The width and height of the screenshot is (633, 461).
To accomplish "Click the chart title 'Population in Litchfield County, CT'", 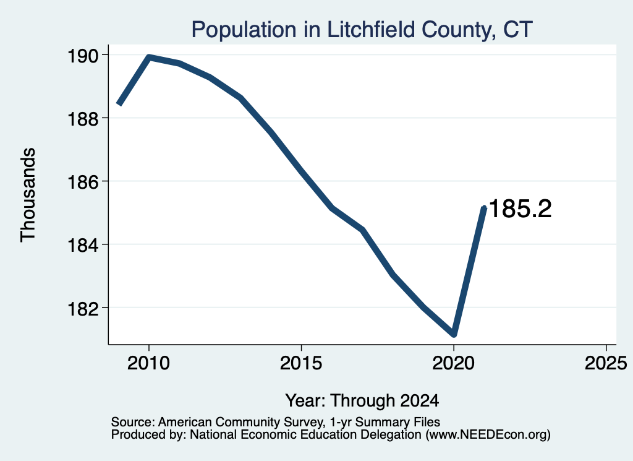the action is click(x=362, y=30).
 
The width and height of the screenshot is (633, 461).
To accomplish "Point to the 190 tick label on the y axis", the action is click(x=82, y=56).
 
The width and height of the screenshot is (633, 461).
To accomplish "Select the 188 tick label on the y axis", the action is click(x=82, y=119).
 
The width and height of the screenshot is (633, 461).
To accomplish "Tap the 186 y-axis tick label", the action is click(x=82, y=182).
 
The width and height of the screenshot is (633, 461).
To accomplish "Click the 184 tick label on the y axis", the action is click(x=82, y=246).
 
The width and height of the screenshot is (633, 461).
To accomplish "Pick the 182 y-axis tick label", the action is click(x=82, y=309).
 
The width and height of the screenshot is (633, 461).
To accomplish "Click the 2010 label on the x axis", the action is click(x=148, y=363).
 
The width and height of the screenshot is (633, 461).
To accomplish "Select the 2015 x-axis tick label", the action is click(x=301, y=363).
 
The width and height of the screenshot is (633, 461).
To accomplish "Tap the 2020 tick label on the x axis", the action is click(x=453, y=363).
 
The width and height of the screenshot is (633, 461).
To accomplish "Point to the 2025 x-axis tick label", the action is click(x=606, y=363).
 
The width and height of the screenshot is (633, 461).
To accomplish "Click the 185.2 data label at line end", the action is click(x=520, y=209).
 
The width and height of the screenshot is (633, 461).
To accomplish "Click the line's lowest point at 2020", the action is click(x=454, y=334).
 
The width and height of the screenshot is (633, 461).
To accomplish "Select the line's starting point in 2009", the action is click(x=119, y=104).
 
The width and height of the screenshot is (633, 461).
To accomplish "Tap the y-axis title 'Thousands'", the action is click(x=28, y=195).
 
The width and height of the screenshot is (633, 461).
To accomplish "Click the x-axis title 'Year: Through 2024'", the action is click(x=362, y=401).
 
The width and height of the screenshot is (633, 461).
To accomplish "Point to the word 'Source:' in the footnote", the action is click(x=133, y=422).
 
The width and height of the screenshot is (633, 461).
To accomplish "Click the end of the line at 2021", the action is click(x=484, y=208).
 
